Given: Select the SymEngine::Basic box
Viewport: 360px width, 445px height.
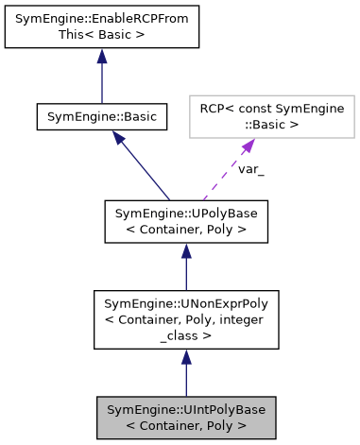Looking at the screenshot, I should click(x=101, y=117).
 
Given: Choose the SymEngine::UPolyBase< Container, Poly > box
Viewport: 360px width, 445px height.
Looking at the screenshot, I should click(x=186, y=220).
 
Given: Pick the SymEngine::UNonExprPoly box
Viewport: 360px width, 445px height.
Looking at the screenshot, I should click(x=186, y=321).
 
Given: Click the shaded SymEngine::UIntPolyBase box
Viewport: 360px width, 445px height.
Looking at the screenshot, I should click(x=186, y=418).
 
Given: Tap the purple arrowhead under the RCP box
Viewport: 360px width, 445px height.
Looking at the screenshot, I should click(x=249, y=146).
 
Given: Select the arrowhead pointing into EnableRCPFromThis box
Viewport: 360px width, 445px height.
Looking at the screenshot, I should click(x=101, y=57).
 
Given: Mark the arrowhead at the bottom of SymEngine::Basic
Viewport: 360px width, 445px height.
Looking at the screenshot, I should click(x=119, y=138).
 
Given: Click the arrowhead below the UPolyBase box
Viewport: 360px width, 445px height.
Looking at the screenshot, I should click(x=186, y=250).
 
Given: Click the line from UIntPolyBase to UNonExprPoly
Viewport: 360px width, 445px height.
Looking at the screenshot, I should click(x=186, y=380).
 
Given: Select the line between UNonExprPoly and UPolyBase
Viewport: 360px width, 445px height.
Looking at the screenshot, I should click(x=186, y=274).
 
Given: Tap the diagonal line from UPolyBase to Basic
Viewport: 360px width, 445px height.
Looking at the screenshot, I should click(x=146, y=171).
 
